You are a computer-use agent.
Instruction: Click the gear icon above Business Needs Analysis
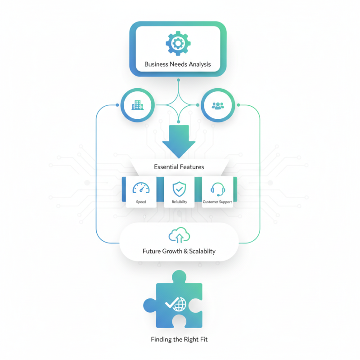pyautogui.click(x=178, y=44)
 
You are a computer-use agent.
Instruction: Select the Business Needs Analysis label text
pyautogui.click(x=178, y=64)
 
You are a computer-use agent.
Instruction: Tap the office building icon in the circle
pyautogui.click(x=137, y=105)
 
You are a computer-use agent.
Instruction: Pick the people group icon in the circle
pyautogui.click(x=218, y=105)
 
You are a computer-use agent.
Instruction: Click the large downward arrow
pyautogui.click(x=179, y=140)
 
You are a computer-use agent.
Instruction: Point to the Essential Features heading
pyautogui.click(x=179, y=167)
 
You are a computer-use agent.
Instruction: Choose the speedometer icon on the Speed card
pyautogui.click(x=141, y=189)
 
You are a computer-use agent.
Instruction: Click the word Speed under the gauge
pyautogui.click(x=141, y=202)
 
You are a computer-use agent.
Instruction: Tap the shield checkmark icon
pyautogui.click(x=179, y=189)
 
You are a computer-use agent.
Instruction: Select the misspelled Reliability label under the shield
pyautogui.click(x=179, y=202)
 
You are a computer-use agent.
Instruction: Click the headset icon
pyautogui.click(x=217, y=189)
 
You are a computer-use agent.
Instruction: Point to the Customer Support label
pyautogui.click(x=217, y=202)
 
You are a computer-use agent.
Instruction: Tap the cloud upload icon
pyautogui.click(x=179, y=235)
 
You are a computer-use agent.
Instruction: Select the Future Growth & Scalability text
pyautogui.click(x=179, y=251)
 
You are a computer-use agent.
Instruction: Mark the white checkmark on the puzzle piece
pyautogui.click(x=171, y=303)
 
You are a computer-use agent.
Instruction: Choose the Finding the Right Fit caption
pyautogui.click(x=179, y=339)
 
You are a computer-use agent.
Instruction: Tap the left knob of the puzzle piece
pyautogui.click(x=150, y=306)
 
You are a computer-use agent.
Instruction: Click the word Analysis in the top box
pyautogui.click(x=197, y=64)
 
